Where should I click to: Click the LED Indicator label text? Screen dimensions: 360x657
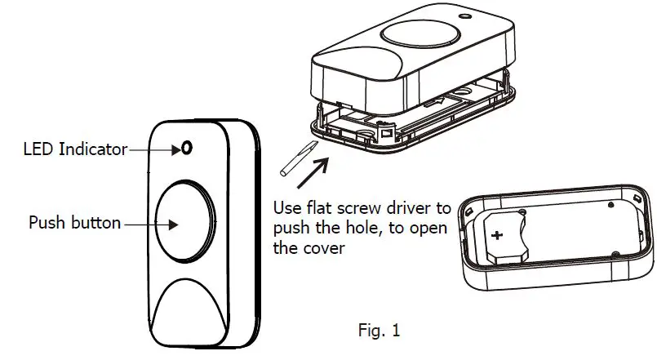[x=75, y=149]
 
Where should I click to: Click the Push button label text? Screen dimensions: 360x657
[x=75, y=222]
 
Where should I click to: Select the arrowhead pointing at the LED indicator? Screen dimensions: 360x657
[x=175, y=149]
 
